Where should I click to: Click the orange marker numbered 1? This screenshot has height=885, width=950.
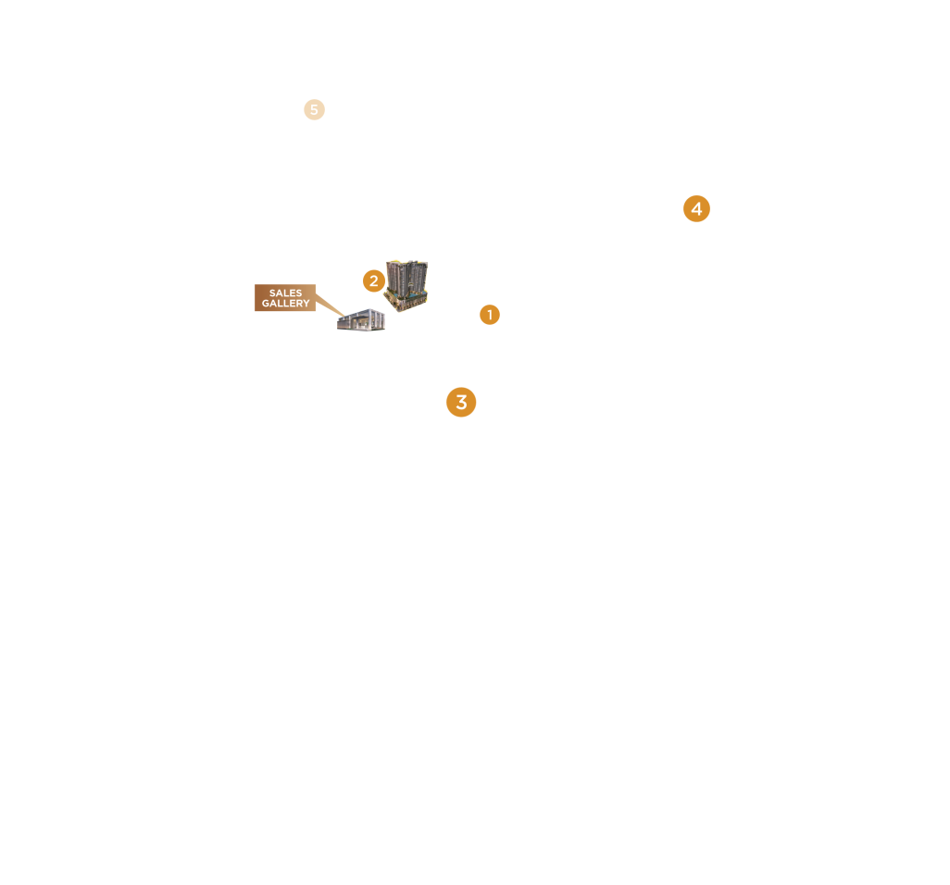(490, 315)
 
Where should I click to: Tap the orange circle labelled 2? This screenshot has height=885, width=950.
(373, 280)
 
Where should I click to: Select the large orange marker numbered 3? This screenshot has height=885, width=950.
(461, 403)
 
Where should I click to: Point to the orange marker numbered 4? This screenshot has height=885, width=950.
(696, 209)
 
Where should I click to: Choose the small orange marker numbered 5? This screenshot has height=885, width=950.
(314, 110)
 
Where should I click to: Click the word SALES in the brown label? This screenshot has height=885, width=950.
(285, 293)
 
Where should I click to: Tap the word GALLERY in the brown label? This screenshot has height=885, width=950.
(285, 304)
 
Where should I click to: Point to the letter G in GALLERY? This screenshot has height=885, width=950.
(266, 304)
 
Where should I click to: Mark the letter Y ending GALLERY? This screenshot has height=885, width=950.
(306, 304)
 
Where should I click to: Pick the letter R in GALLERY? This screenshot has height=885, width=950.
(298, 304)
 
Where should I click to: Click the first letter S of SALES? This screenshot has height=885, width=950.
(272, 293)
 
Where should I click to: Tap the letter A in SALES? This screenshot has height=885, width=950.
(279, 293)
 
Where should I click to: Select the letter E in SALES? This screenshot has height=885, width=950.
(292, 293)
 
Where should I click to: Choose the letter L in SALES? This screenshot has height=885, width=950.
(285, 293)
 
